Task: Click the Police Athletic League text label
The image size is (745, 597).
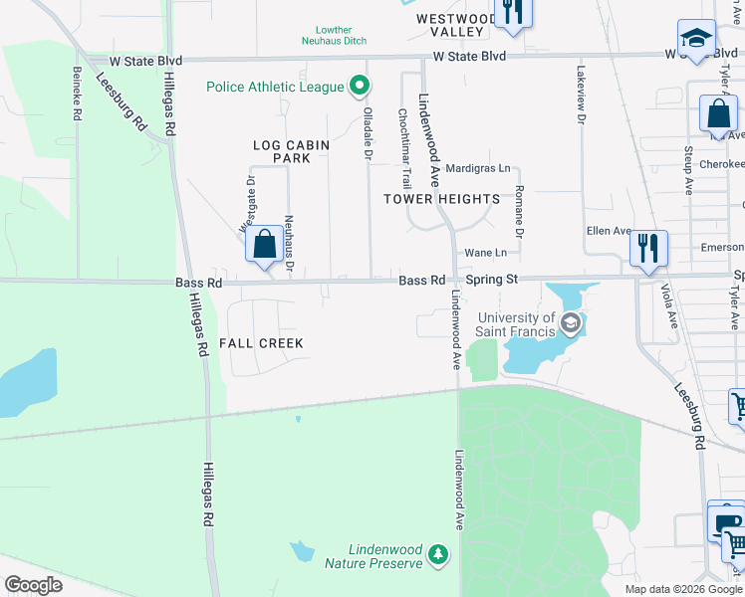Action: click(x=275, y=87)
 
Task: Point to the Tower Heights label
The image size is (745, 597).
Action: click(x=442, y=199)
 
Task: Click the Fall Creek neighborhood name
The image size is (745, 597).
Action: click(x=261, y=343)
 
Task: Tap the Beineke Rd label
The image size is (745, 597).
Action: click(x=77, y=94)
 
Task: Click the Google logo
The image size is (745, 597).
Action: click(x=34, y=585)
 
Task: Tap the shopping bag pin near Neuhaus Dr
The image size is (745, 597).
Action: click(x=265, y=245)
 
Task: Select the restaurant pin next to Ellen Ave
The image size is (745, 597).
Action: click(x=648, y=249)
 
